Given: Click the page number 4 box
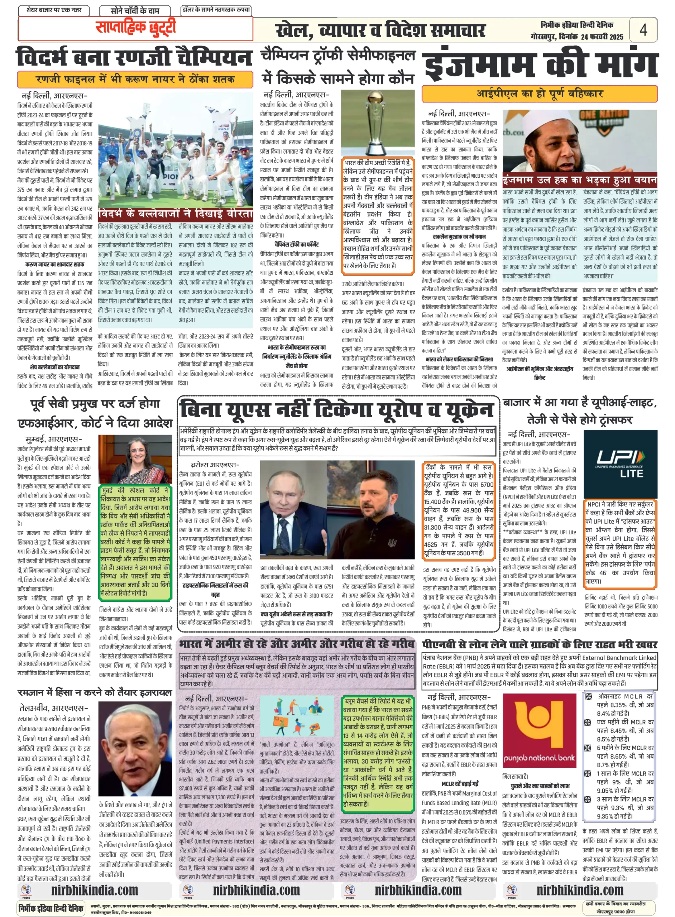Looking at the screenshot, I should tap(643, 29).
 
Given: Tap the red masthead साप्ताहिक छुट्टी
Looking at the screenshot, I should tap(136, 28).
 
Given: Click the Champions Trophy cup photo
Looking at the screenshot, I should tap(378, 123).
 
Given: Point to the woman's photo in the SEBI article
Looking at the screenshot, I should tap(135, 460).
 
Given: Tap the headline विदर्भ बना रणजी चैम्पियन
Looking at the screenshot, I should tap(134, 58).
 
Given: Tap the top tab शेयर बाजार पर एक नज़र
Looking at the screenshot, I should tap(54, 10).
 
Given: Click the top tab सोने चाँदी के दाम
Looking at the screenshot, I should tap(135, 10).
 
